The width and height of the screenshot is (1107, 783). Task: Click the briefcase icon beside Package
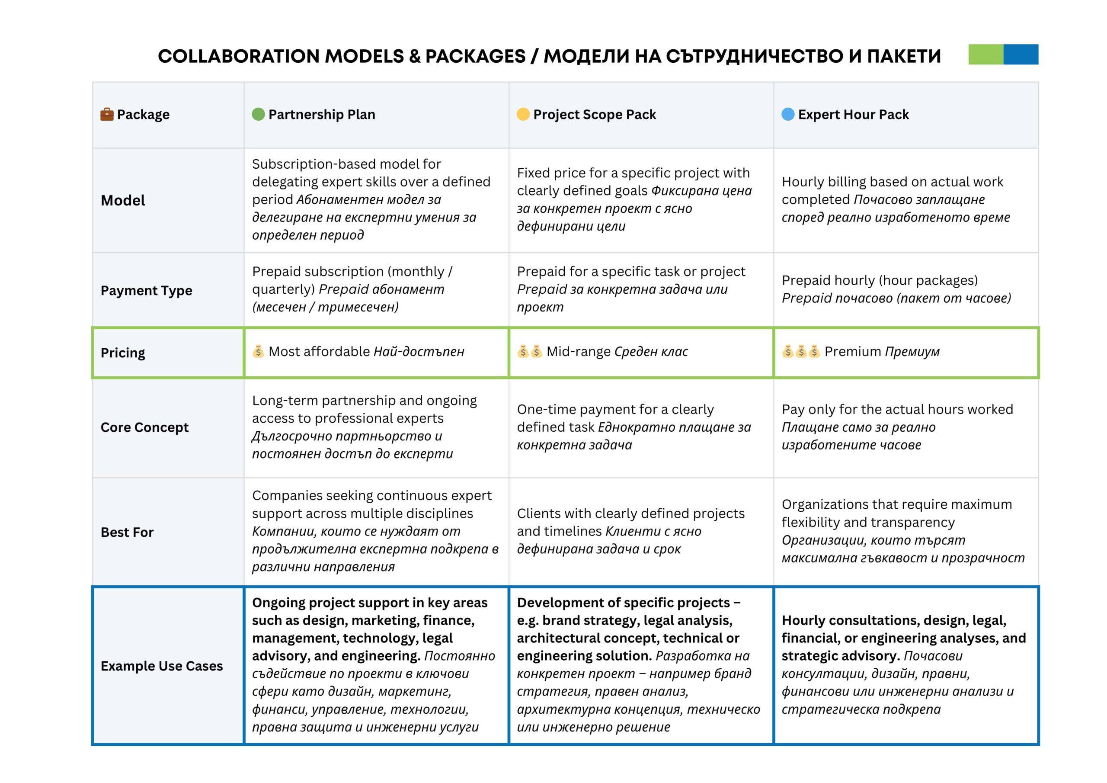point(106,114)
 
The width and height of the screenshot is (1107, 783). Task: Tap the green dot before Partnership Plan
point(259,114)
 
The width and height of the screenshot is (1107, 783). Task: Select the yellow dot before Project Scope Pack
point(523,114)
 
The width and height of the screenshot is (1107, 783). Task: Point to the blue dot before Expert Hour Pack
point(788,114)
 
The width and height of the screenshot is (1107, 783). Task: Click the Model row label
point(123,200)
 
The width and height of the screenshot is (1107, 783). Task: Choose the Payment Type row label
point(146,290)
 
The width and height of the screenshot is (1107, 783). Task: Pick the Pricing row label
point(123,353)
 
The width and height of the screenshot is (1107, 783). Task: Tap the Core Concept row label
point(144,427)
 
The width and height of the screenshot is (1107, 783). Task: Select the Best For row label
point(127,532)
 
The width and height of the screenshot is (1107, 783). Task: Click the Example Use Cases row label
point(162,666)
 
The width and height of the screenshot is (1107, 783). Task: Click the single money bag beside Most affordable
point(259,352)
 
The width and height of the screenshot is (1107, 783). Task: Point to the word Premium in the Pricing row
point(852,352)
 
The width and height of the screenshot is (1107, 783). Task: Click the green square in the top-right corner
point(985,55)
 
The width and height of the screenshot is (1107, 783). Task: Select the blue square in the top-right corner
point(1021,55)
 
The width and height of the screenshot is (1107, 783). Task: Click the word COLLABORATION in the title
point(241,56)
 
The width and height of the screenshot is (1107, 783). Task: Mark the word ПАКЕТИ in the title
point(904,56)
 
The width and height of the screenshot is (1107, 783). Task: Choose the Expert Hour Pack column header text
point(854,114)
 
